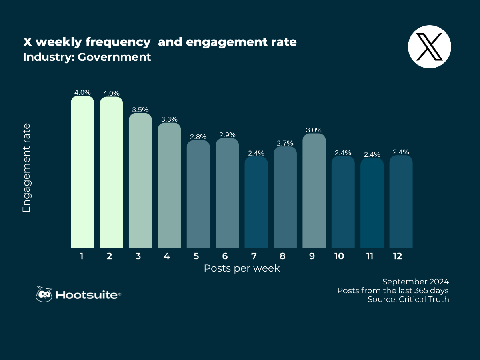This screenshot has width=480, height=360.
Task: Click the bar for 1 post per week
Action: click(82, 172)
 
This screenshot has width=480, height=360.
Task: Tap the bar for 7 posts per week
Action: click(256, 202)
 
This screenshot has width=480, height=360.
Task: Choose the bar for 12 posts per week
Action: click(401, 202)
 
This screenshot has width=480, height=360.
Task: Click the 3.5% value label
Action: click(140, 110)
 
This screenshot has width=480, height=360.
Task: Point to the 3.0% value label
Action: click(314, 130)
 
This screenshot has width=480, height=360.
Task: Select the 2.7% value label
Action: click(285, 143)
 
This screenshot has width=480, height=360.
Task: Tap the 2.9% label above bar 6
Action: click(227, 135)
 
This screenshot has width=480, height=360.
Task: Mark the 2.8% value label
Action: click(198, 137)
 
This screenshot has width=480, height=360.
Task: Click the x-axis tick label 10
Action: click(339, 256)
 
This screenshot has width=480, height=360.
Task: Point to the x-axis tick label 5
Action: click(196, 256)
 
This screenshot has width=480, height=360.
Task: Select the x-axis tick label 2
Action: click(109, 256)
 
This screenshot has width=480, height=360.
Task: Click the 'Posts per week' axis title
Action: click(242, 268)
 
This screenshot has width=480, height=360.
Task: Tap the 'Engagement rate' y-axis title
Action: click(26, 168)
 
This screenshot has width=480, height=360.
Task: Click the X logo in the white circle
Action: click(429, 46)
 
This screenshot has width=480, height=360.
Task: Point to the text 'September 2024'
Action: click(415, 281)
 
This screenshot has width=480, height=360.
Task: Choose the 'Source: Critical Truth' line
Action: click(408, 299)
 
